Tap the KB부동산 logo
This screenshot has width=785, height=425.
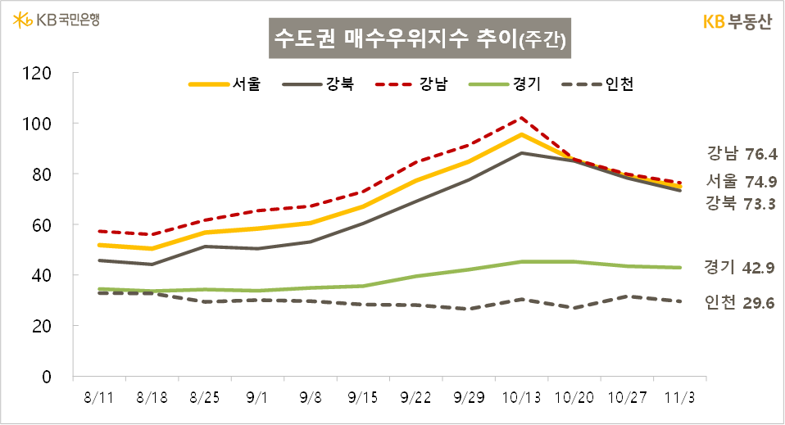pyautogui.click(x=737, y=22)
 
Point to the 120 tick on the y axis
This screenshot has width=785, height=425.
pyautogui.click(x=39, y=73)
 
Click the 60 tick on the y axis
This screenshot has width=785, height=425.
pyautogui.click(x=43, y=224)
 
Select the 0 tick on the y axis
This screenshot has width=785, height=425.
pyautogui.click(x=48, y=377)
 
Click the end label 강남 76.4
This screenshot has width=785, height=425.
pyautogui.click(x=741, y=153)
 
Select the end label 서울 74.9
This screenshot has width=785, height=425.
pyautogui.click(x=741, y=181)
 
